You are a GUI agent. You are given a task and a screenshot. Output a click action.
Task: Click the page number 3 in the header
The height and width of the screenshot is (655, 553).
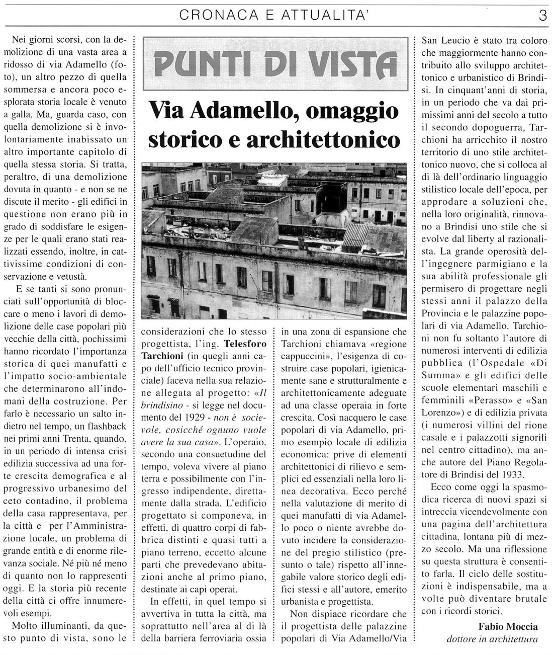pos(542,16)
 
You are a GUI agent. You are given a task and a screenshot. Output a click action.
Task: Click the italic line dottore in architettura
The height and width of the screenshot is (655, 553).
pos(492,639)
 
